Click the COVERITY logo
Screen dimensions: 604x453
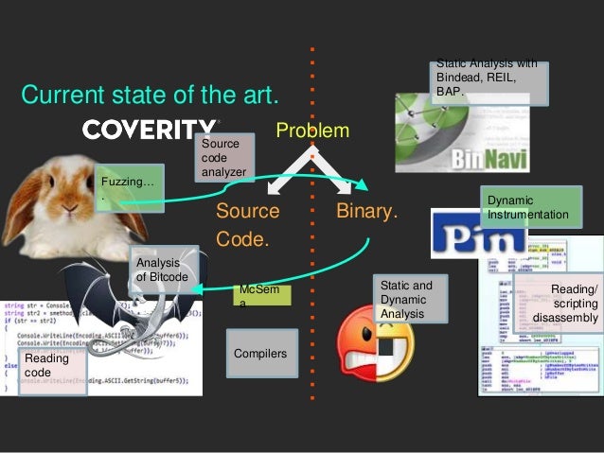151,130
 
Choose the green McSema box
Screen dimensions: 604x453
260,296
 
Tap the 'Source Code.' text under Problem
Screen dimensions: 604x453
247,224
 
